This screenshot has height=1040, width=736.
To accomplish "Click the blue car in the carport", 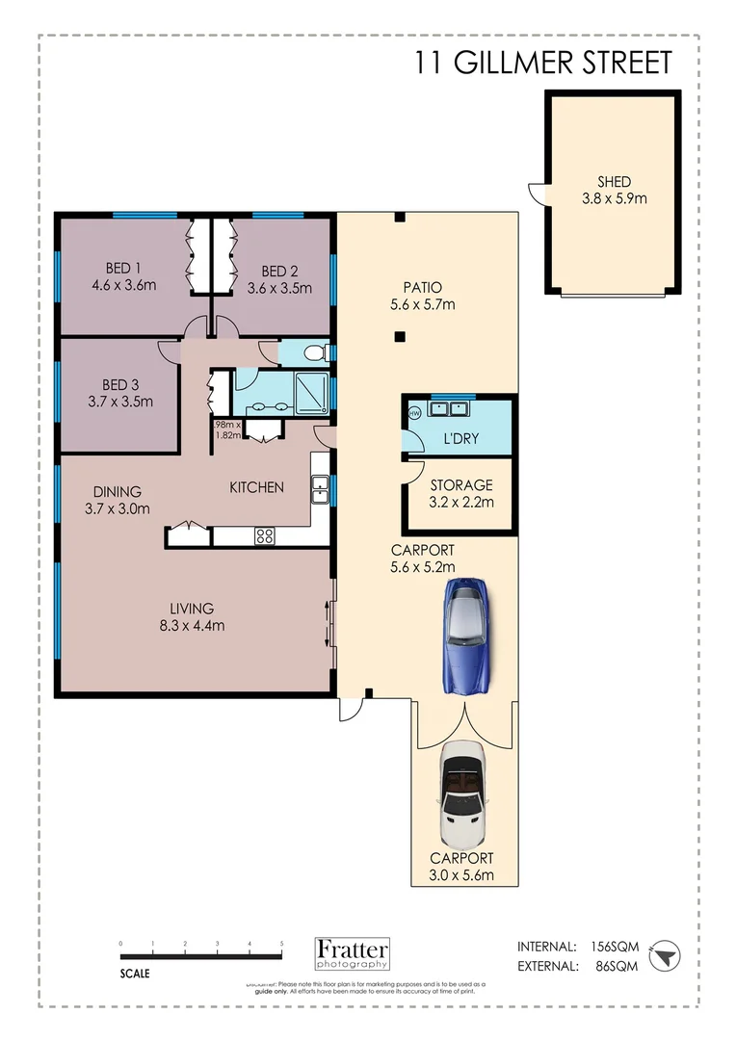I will [469, 635].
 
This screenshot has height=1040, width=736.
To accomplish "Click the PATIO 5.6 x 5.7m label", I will [423, 296].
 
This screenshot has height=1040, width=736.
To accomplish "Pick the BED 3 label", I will [121, 393].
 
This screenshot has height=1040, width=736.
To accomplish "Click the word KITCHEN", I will [256, 487].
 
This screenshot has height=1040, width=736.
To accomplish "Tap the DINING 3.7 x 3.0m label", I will [118, 500].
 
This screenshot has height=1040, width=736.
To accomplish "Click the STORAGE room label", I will [461, 493].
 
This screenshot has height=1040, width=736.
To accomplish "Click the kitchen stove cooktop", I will [264, 537].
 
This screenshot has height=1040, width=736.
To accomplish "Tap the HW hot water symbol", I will [414, 412].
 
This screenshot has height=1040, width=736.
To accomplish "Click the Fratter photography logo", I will [353, 952].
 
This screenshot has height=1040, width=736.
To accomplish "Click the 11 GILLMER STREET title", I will [542, 63].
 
